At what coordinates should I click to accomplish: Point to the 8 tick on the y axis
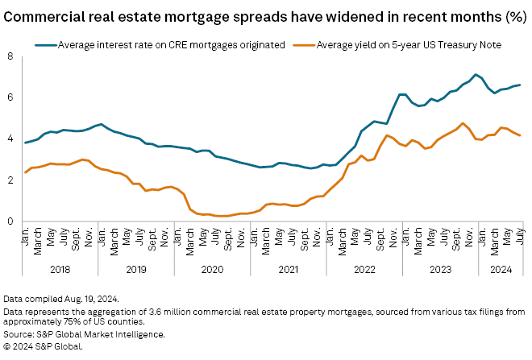point(10,56)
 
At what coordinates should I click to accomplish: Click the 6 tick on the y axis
point(10,97)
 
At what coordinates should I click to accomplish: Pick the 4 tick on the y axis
point(10,139)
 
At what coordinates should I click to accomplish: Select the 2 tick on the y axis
point(10,180)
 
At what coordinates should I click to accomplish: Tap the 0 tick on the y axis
point(10,221)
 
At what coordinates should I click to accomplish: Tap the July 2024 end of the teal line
point(521,85)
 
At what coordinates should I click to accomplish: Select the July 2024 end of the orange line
point(521,135)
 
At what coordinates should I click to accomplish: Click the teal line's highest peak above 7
point(476,75)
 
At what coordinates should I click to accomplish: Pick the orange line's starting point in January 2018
point(25,172)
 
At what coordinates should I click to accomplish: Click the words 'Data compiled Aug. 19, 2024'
point(61,299)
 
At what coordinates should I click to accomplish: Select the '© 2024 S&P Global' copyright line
point(43,346)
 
